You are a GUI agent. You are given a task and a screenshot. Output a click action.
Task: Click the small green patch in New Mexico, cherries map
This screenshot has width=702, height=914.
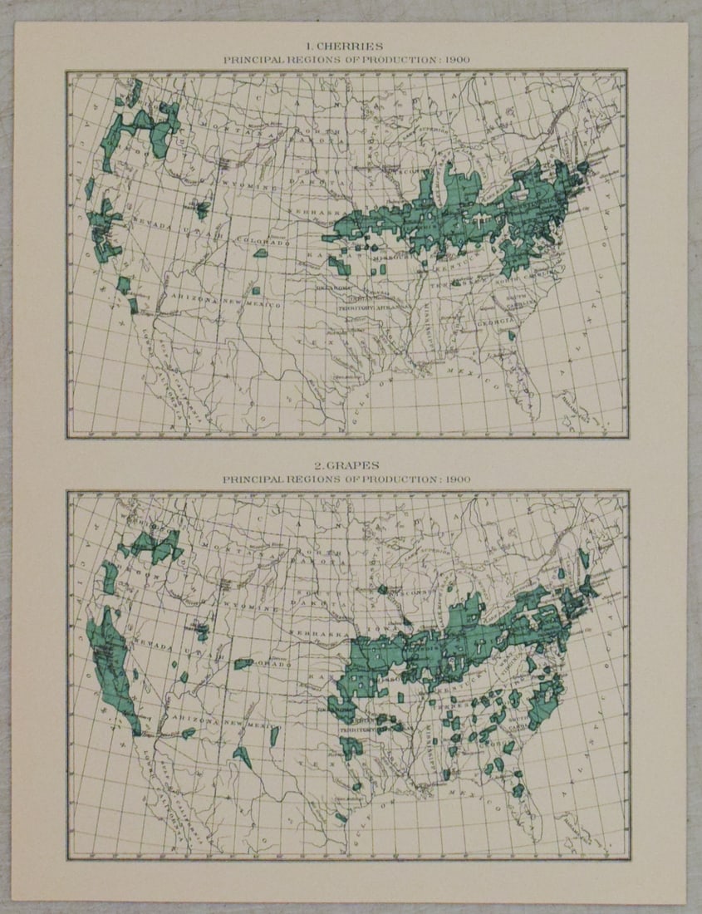pyautogui.click(x=257, y=290)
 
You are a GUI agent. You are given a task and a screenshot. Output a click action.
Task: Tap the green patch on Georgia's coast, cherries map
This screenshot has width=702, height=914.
pyautogui.click(x=509, y=336)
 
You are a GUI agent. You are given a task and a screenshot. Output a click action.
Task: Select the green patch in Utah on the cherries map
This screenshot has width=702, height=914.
pyautogui.click(x=201, y=209)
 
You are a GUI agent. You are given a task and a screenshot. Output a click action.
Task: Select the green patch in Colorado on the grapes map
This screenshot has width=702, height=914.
pyautogui.click(x=243, y=664)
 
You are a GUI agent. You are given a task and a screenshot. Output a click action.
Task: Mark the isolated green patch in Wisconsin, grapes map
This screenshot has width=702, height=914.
pyautogui.click(x=382, y=589)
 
